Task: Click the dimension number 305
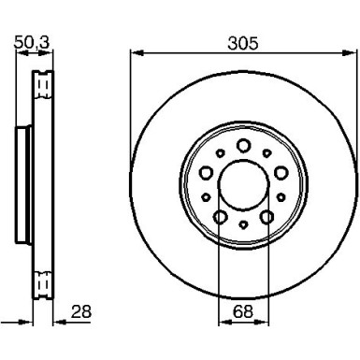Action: [242, 42]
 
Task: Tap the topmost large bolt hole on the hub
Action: [242, 144]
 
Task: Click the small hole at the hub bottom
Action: [242, 225]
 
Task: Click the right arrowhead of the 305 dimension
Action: [349, 54]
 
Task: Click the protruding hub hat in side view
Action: [23, 182]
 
